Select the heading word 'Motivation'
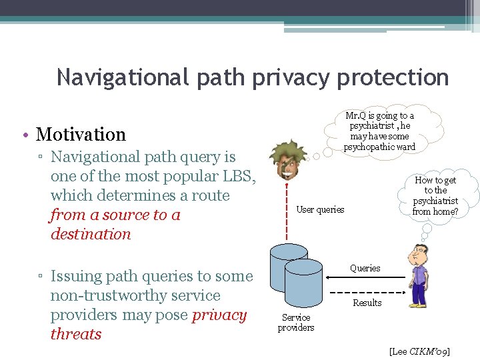point(81,135)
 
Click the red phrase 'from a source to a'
point(115,215)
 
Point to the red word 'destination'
point(91,235)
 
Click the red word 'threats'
point(76,334)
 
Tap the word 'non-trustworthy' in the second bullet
point(135,295)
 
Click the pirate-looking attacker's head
point(287,159)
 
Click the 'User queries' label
point(320,209)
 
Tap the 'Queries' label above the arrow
point(365,268)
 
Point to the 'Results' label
point(367,303)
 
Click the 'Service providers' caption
point(296,323)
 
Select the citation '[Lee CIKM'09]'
point(419,351)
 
